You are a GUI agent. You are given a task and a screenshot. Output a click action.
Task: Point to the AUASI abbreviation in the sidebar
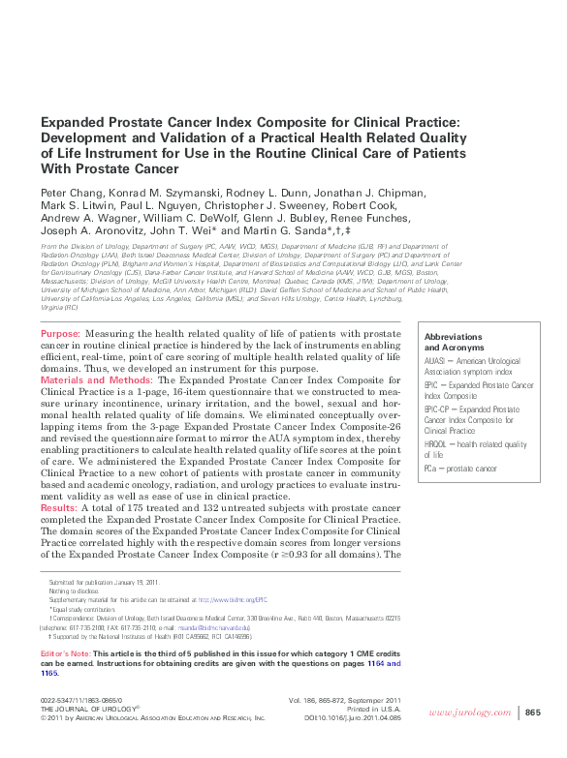[x=435, y=360]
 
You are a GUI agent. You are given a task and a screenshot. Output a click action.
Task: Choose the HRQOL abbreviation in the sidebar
[x=436, y=445]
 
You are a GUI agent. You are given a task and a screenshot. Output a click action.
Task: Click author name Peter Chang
[x=66, y=192]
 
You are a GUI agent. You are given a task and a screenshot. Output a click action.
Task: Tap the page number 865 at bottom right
[x=532, y=713]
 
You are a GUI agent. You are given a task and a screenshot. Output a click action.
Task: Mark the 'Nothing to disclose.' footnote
[x=72, y=591]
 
